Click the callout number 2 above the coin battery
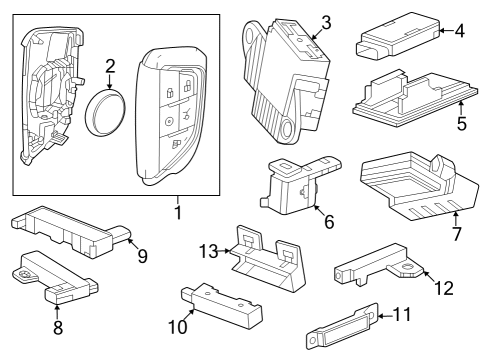[x=111, y=68]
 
